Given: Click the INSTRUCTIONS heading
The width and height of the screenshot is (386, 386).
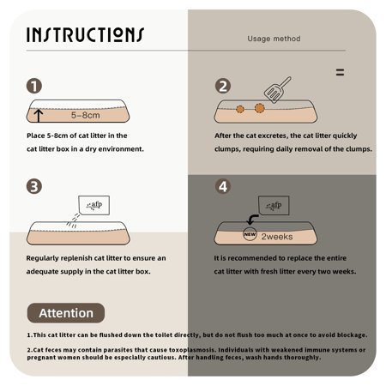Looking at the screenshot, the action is [x=85, y=35].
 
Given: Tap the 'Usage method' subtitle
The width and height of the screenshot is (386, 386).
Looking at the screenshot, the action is [x=274, y=39].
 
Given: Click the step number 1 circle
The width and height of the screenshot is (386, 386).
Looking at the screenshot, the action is [x=34, y=86].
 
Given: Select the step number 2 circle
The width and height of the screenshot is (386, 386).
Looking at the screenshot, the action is [x=223, y=86].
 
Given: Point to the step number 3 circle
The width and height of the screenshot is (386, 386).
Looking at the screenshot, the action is [x=34, y=186].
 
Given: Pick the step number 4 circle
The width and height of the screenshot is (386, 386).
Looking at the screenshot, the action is [x=223, y=186].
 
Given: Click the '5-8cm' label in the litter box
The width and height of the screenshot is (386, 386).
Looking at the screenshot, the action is [x=86, y=115].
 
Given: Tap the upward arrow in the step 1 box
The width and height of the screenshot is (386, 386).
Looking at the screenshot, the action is [x=39, y=116].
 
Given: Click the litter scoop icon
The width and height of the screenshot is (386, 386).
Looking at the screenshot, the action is [x=277, y=90].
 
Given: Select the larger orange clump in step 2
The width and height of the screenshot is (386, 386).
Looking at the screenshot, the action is [x=260, y=108].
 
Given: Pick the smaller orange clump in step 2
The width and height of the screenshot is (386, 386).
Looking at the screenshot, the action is [x=240, y=109].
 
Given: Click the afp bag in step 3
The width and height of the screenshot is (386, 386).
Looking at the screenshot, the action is [x=93, y=205].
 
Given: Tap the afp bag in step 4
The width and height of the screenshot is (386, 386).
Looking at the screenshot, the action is [x=274, y=205].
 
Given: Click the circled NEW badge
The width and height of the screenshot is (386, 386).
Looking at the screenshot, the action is [x=250, y=234].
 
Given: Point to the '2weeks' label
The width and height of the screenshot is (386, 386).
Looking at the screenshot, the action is [x=277, y=237].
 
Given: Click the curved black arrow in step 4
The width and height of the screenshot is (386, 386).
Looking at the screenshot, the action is [x=251, y=220].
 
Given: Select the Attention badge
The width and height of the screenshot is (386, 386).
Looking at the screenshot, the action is [x=66, y=313].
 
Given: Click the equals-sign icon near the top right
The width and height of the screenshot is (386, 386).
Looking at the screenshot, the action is [x=340, y=72].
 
